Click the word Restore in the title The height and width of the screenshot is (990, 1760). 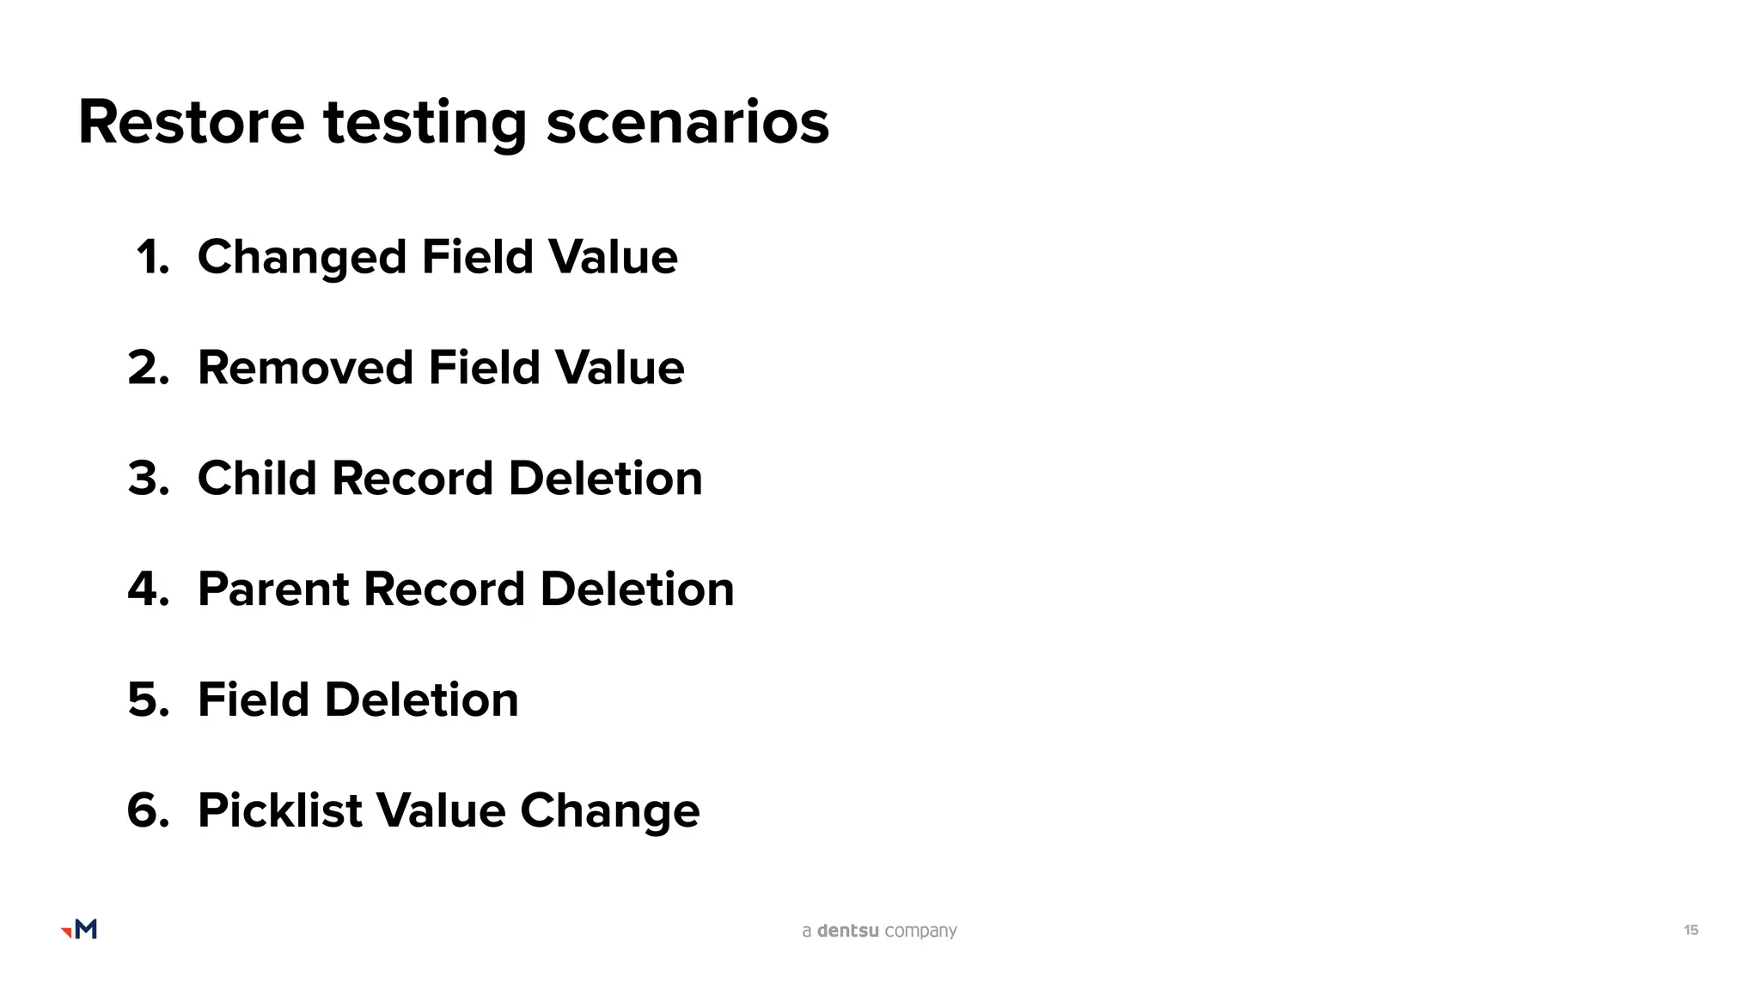click(191, 122)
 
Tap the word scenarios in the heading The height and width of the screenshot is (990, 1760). click(687, 122)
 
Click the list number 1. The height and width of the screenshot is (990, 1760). click(152, 257)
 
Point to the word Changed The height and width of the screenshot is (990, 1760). click(302, 258)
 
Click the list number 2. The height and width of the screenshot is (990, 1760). click(148, 368)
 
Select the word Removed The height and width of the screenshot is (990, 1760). click(305, 368)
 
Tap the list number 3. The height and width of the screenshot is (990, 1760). click(148, 479)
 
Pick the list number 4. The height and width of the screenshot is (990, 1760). click(148, 590)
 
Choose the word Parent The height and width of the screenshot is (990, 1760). click(272, 590)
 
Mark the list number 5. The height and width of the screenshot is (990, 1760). click(148, 700)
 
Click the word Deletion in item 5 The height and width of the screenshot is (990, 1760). click(421, 700)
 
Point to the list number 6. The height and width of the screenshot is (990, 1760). click(148, 810)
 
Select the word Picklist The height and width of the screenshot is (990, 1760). click(279, 810)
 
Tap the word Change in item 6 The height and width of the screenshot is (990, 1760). click(609, 811)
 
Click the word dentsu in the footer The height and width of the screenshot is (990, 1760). click(847, 931)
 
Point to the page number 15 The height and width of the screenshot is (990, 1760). click(1690, 930)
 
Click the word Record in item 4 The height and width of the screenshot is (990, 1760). click(443, 590)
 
